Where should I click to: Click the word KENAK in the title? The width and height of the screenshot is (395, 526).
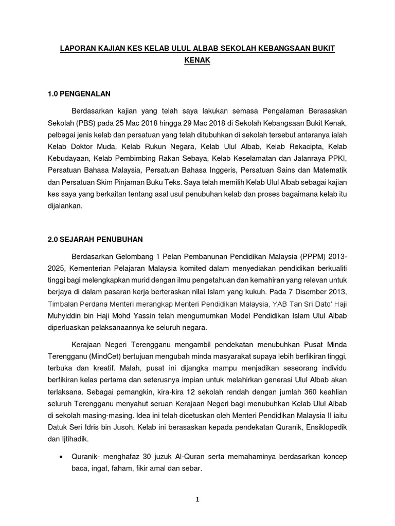(x=197, y=61)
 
